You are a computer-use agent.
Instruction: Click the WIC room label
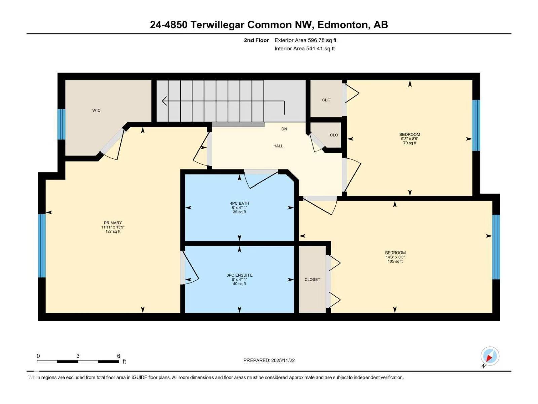click(97, 110)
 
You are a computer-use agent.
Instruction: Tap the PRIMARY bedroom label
click(113, 223)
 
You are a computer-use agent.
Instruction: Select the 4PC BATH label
click(239, 203)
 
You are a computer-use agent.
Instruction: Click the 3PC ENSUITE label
click(239, 275)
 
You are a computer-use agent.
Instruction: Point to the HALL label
click(278, 146)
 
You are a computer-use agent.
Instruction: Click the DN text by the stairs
click(284, 129)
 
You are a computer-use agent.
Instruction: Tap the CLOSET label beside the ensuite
click(312, 279)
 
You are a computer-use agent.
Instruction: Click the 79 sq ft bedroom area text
click(410, 143)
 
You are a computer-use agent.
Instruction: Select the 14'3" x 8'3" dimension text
click(395, 257)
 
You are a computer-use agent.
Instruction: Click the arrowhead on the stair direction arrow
click(164, 101)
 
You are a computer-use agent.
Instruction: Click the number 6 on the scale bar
click(118, 356)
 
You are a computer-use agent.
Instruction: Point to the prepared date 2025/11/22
click(269, 360)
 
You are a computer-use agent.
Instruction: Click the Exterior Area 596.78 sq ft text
click(305, 40)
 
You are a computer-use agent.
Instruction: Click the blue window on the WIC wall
click(62, 124)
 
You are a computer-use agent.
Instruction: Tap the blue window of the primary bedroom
click(42, 246)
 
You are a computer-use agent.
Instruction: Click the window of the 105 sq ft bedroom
click(496, 247)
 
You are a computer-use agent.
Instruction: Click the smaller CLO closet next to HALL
click(334, 135)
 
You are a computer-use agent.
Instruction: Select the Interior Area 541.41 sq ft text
click(304, 49)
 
